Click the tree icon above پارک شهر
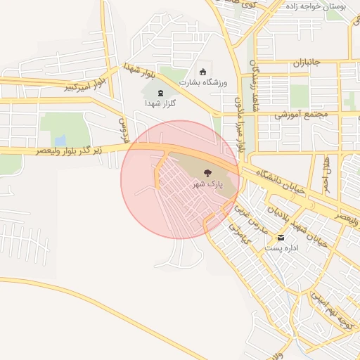click(207, 172)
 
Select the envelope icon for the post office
click(281, 238)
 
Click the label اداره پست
click(281, 248)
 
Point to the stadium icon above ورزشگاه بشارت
click(204, 71)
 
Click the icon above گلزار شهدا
click(160, 93)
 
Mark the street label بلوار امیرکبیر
click(85, 85)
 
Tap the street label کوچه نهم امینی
click(328, 310)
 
